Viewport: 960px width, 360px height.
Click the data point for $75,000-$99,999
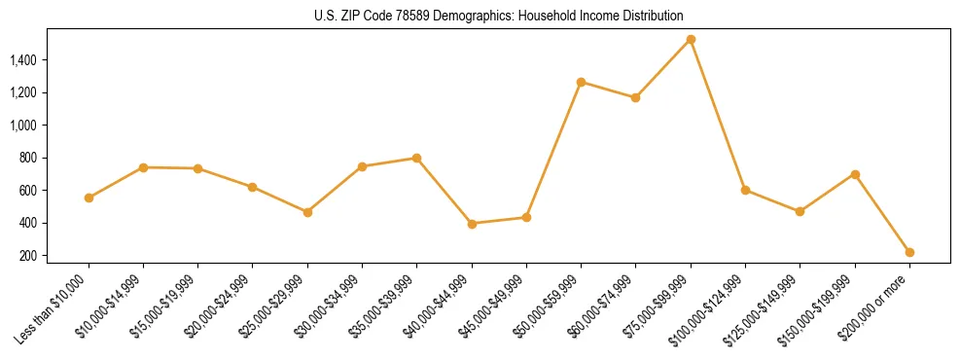pos(691,40)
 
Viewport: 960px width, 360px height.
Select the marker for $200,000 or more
pos(909,252)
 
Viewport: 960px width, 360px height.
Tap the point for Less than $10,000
pos(89,198)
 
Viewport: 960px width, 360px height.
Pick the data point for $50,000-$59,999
pos(581,82)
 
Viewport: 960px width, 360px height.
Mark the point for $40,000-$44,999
pos(472,224)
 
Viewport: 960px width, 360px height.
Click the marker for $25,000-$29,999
pos(307,212)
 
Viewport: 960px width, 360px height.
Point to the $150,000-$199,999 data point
pos(855,174)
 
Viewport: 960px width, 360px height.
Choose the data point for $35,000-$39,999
pos(416,158)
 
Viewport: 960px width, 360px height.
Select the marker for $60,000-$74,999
pos(635,97)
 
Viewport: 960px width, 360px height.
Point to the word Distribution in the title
pos(649,17)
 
